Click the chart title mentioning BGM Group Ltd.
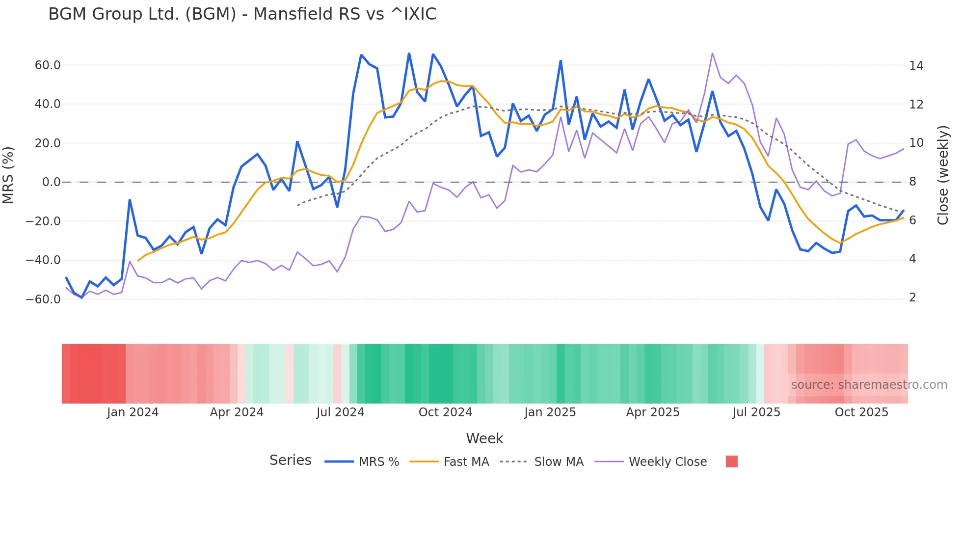coord(242,14)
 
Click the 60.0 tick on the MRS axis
coord(47,65)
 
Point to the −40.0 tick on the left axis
coord(43,260)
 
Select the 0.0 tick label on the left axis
coord(51,182)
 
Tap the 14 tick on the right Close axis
coord(916,66)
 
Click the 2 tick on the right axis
coord(912,298)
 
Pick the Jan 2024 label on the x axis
coord(133,412)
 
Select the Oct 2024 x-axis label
coord(445,412)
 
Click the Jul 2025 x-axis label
coord(756,412)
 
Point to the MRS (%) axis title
coord(8,175)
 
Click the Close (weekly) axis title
coord(943,175)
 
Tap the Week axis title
coord(484,438)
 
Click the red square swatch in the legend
coord(731,461)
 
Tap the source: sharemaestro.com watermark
coord(869,385)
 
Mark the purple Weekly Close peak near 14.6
coord(712,54)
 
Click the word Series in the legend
coord(290,460)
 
